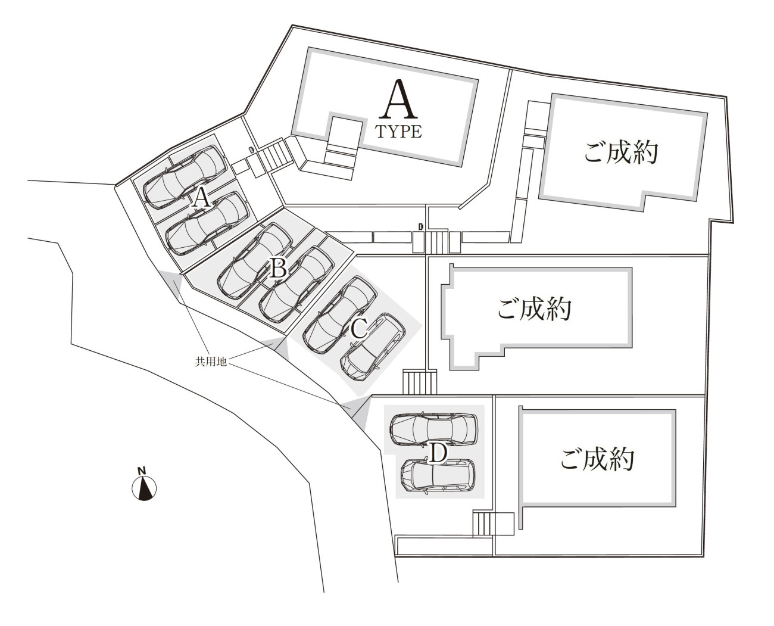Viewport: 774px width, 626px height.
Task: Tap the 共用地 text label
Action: click(211, 362)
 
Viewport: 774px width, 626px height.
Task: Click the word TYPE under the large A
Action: click(399, 132)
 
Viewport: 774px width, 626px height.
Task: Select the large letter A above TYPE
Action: click(398, 99)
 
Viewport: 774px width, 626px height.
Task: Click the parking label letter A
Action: click(202, 198)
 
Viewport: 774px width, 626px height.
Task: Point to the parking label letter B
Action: click(279, 267)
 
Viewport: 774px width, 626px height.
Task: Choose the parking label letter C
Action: click(358, 328)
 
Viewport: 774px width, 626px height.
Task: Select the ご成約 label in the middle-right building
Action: click(534, 309)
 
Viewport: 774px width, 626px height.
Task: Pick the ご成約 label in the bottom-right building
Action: click(597, 459)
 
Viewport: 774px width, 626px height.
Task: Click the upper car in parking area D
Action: click(433, 429)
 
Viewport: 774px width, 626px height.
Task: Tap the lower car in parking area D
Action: click(438, 476)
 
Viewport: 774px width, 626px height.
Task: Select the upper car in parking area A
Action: click(184, 177)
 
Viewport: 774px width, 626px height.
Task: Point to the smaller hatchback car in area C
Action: click(373, 347)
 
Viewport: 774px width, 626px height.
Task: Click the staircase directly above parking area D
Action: click(420, 382)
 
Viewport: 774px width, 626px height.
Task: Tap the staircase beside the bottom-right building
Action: click(483, 523)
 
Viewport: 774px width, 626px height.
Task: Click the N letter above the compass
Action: click(141, 471)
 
